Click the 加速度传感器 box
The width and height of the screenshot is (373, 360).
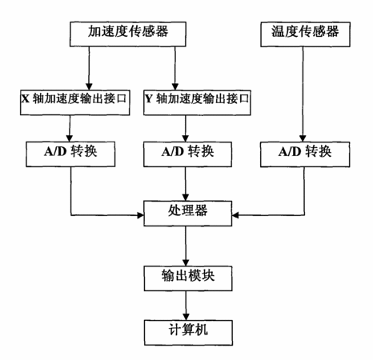[128, 34]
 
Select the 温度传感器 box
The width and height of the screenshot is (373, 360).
[305, 34]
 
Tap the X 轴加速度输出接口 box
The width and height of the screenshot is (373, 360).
[75, 102]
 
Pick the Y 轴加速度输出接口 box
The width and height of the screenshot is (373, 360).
[197, 102]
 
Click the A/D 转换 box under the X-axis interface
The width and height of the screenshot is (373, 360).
[70, 154]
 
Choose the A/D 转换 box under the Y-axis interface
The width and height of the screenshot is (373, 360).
[187, 154]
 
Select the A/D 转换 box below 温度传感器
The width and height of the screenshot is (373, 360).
[305, 154]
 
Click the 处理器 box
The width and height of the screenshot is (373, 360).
[188, 214]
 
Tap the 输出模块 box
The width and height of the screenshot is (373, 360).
[188, 278]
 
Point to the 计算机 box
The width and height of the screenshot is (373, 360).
[188, 333]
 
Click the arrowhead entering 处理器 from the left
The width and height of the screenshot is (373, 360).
[140, 215]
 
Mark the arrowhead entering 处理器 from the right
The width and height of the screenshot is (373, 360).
[235, 215]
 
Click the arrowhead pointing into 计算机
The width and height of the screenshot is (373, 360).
[186, 317]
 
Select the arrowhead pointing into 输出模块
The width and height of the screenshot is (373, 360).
[186, 262]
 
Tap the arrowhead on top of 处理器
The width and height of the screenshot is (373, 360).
[186, 198]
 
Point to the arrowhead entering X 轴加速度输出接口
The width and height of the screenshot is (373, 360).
[89, 86]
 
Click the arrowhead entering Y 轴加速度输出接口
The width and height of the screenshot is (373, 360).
[175, 86]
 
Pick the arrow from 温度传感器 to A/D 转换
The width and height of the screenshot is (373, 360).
[303, 94]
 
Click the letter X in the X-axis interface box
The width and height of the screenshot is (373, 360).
[26, 99]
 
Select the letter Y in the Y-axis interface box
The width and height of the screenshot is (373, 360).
[149, 99]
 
